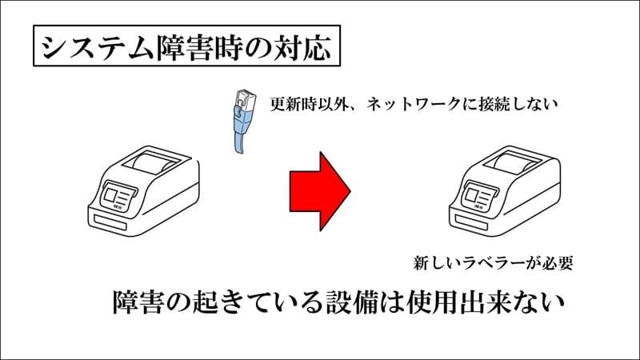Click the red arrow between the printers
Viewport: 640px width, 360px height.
319,191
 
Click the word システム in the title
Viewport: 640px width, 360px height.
97,47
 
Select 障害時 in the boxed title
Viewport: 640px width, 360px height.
197,47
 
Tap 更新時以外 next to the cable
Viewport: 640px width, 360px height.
310,105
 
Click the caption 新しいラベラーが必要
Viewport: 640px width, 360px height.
493,263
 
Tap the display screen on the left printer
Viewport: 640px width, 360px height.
118,196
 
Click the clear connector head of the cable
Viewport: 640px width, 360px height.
246,99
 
